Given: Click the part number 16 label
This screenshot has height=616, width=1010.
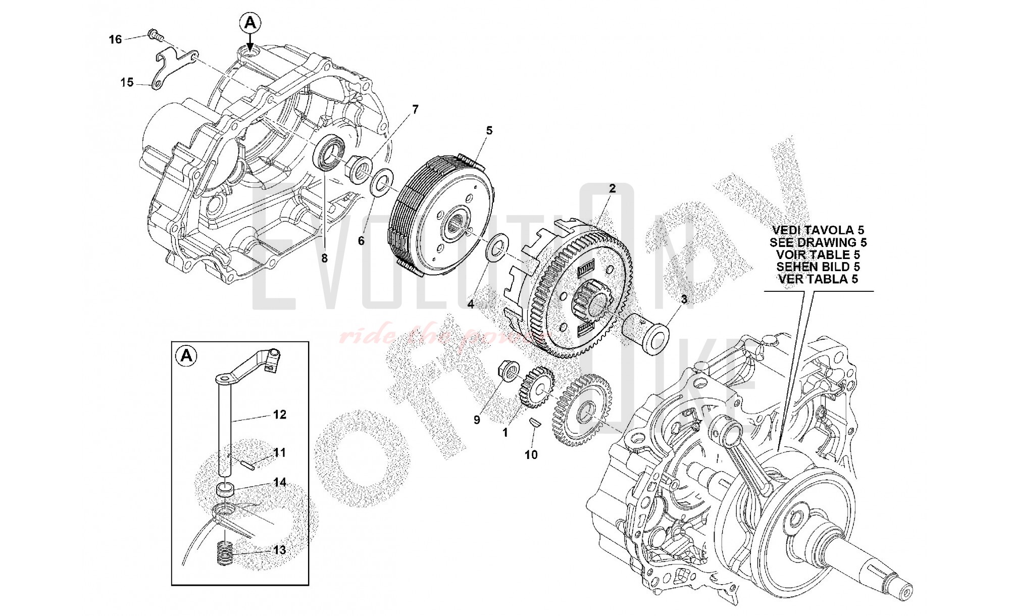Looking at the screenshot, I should click(116, 39).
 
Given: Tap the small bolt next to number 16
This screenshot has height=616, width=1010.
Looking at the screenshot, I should click(154, 35).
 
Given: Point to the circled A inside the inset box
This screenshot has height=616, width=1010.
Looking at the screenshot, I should click(186, 356).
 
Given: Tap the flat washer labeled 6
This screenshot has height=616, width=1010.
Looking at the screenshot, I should click(382, 182).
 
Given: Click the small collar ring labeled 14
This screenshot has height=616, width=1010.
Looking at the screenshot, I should click(226, 489).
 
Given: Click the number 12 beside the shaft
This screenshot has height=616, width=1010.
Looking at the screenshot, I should click(279, 415).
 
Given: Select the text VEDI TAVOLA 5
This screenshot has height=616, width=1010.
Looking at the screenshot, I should click(818, 231).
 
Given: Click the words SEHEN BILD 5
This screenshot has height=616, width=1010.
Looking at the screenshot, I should click(818, 267).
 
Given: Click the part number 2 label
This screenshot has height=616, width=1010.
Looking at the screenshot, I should click(612, 189).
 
